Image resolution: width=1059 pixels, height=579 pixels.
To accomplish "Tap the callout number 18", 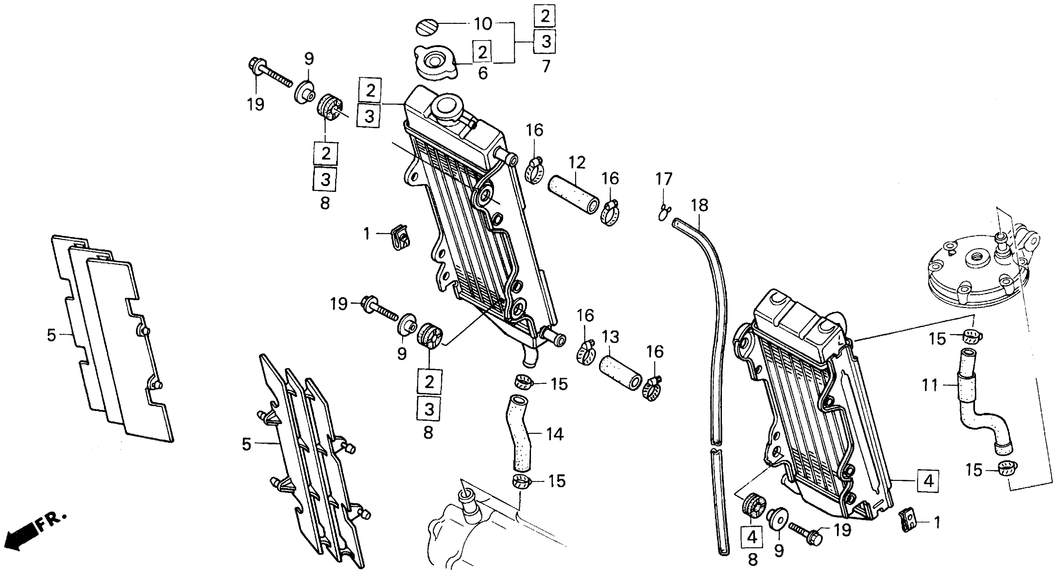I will pos(699,205).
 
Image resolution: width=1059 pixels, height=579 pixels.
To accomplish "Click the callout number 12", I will pos(577,163).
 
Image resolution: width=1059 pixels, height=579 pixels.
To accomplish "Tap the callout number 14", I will pos(555,434).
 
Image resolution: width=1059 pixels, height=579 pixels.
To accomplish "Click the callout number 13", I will pos(611,337).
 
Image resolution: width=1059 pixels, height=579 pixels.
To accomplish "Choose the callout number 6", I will pos(483,73).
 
